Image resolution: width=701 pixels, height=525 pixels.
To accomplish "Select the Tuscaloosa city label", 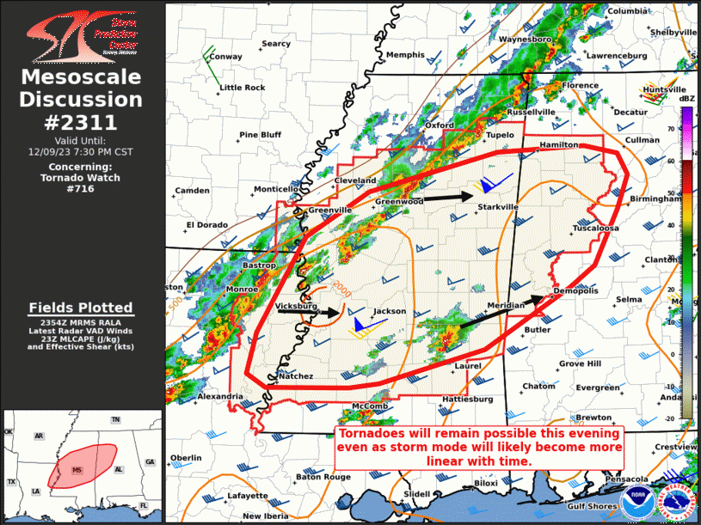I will click(x=596, y=229).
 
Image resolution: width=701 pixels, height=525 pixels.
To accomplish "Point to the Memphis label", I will click(x=404, y=55).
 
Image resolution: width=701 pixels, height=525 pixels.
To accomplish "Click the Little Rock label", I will click(x=243, y=88).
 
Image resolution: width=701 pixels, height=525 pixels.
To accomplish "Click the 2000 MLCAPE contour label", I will click(x=341, y=286).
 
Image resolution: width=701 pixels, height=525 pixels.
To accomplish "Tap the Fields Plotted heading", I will click(x=80, y=308).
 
